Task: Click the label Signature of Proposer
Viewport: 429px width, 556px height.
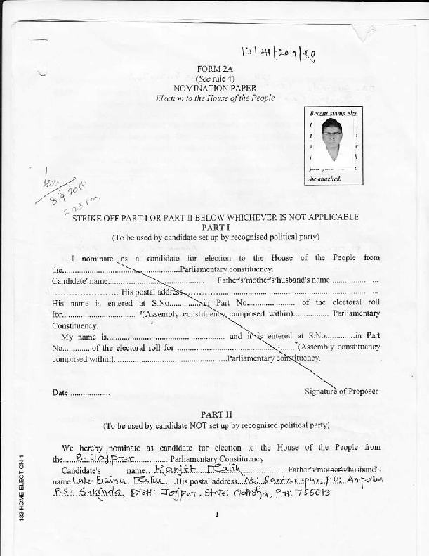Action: (x=341, y=392)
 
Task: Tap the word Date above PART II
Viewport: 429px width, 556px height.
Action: (x=60, y=392)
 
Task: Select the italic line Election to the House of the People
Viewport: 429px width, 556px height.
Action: (x=215, y=98)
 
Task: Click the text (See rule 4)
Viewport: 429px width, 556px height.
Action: (x=214, y=77)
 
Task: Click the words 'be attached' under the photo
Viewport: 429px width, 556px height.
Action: (x=326, y=179)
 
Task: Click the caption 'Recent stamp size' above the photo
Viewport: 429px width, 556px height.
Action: (x=334, y=112)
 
